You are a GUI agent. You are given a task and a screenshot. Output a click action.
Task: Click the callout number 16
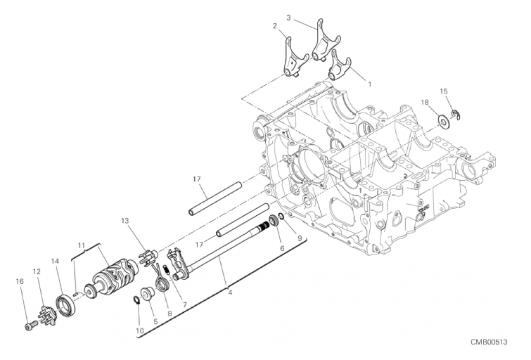pyautogui.click(x=20, y=281)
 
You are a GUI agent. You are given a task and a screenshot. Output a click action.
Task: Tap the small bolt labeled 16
pyautogui.click(x=30, y=326)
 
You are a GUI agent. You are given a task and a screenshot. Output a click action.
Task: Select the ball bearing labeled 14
pyautogui.click(x=65, y=307)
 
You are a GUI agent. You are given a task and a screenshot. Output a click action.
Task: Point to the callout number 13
pyautogui.click(x=125, y=221)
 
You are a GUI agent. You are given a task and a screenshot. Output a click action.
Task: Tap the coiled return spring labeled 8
pyautogui.click(x=160, y=277)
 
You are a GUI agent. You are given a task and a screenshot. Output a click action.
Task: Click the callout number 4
pyautogui.click(x=230, y=292)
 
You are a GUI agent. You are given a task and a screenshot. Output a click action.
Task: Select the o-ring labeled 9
pyautogui.click(x=281, y=216)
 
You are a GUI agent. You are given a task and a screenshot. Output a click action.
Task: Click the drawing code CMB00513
pyautogui.click(x=489, y=342)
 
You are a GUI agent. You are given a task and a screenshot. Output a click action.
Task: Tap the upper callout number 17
pyautogui.click(x=197, y=179)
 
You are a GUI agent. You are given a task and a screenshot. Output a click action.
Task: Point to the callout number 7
pyautogui.click(x=185, y=304)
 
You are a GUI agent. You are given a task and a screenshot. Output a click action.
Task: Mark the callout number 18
pyautogui.click(x=425, y=102)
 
